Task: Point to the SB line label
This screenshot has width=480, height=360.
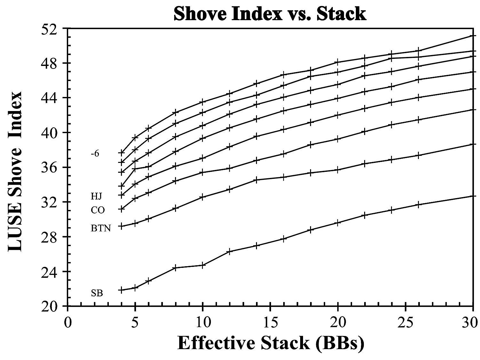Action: click(x=97, y=293)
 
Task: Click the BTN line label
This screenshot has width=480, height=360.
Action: click(x=101, y=228)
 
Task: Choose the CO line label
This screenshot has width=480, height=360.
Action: click(x=98, y=210)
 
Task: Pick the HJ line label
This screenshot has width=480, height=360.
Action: click(x=97, y=196)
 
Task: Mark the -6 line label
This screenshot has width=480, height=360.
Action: click(x=95, y=154)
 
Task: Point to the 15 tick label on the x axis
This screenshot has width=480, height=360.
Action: click(x=270, y=322)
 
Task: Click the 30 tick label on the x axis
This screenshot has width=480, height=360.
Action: click(x=472, y=322)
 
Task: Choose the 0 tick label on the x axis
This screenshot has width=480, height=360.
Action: click(x=68, y=322)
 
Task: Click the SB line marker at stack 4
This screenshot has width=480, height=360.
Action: click(x=121, y=290)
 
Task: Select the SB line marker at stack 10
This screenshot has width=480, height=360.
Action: click(x=203, y=265)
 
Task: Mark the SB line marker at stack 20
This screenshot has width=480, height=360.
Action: click(x=338, y=223)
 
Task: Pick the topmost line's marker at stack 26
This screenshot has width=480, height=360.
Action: click(x=418, y=51)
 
